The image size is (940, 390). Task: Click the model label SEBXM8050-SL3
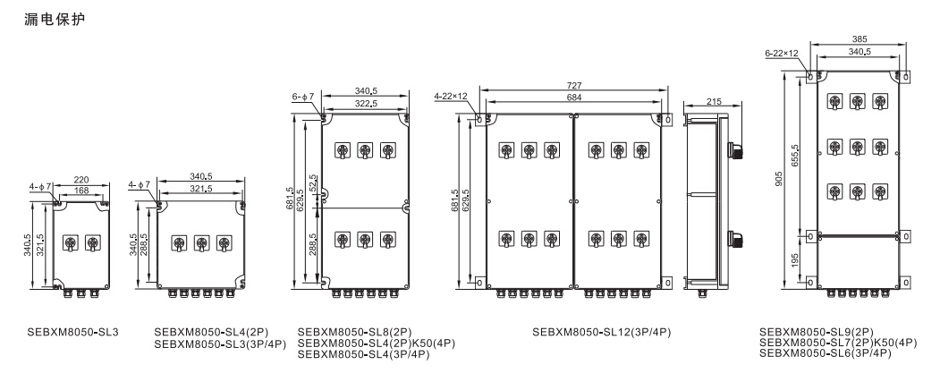[x=67, y=332]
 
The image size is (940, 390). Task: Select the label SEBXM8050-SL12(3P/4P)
[x=601, y=333]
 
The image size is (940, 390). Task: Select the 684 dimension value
[x=572, y=96]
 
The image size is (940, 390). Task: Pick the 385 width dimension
[x=858, y=39]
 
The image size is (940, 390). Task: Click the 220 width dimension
[x=81, y=178]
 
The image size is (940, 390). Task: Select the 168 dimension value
[x=81, y=189]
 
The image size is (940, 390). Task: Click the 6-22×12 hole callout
[x=781, y=54]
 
